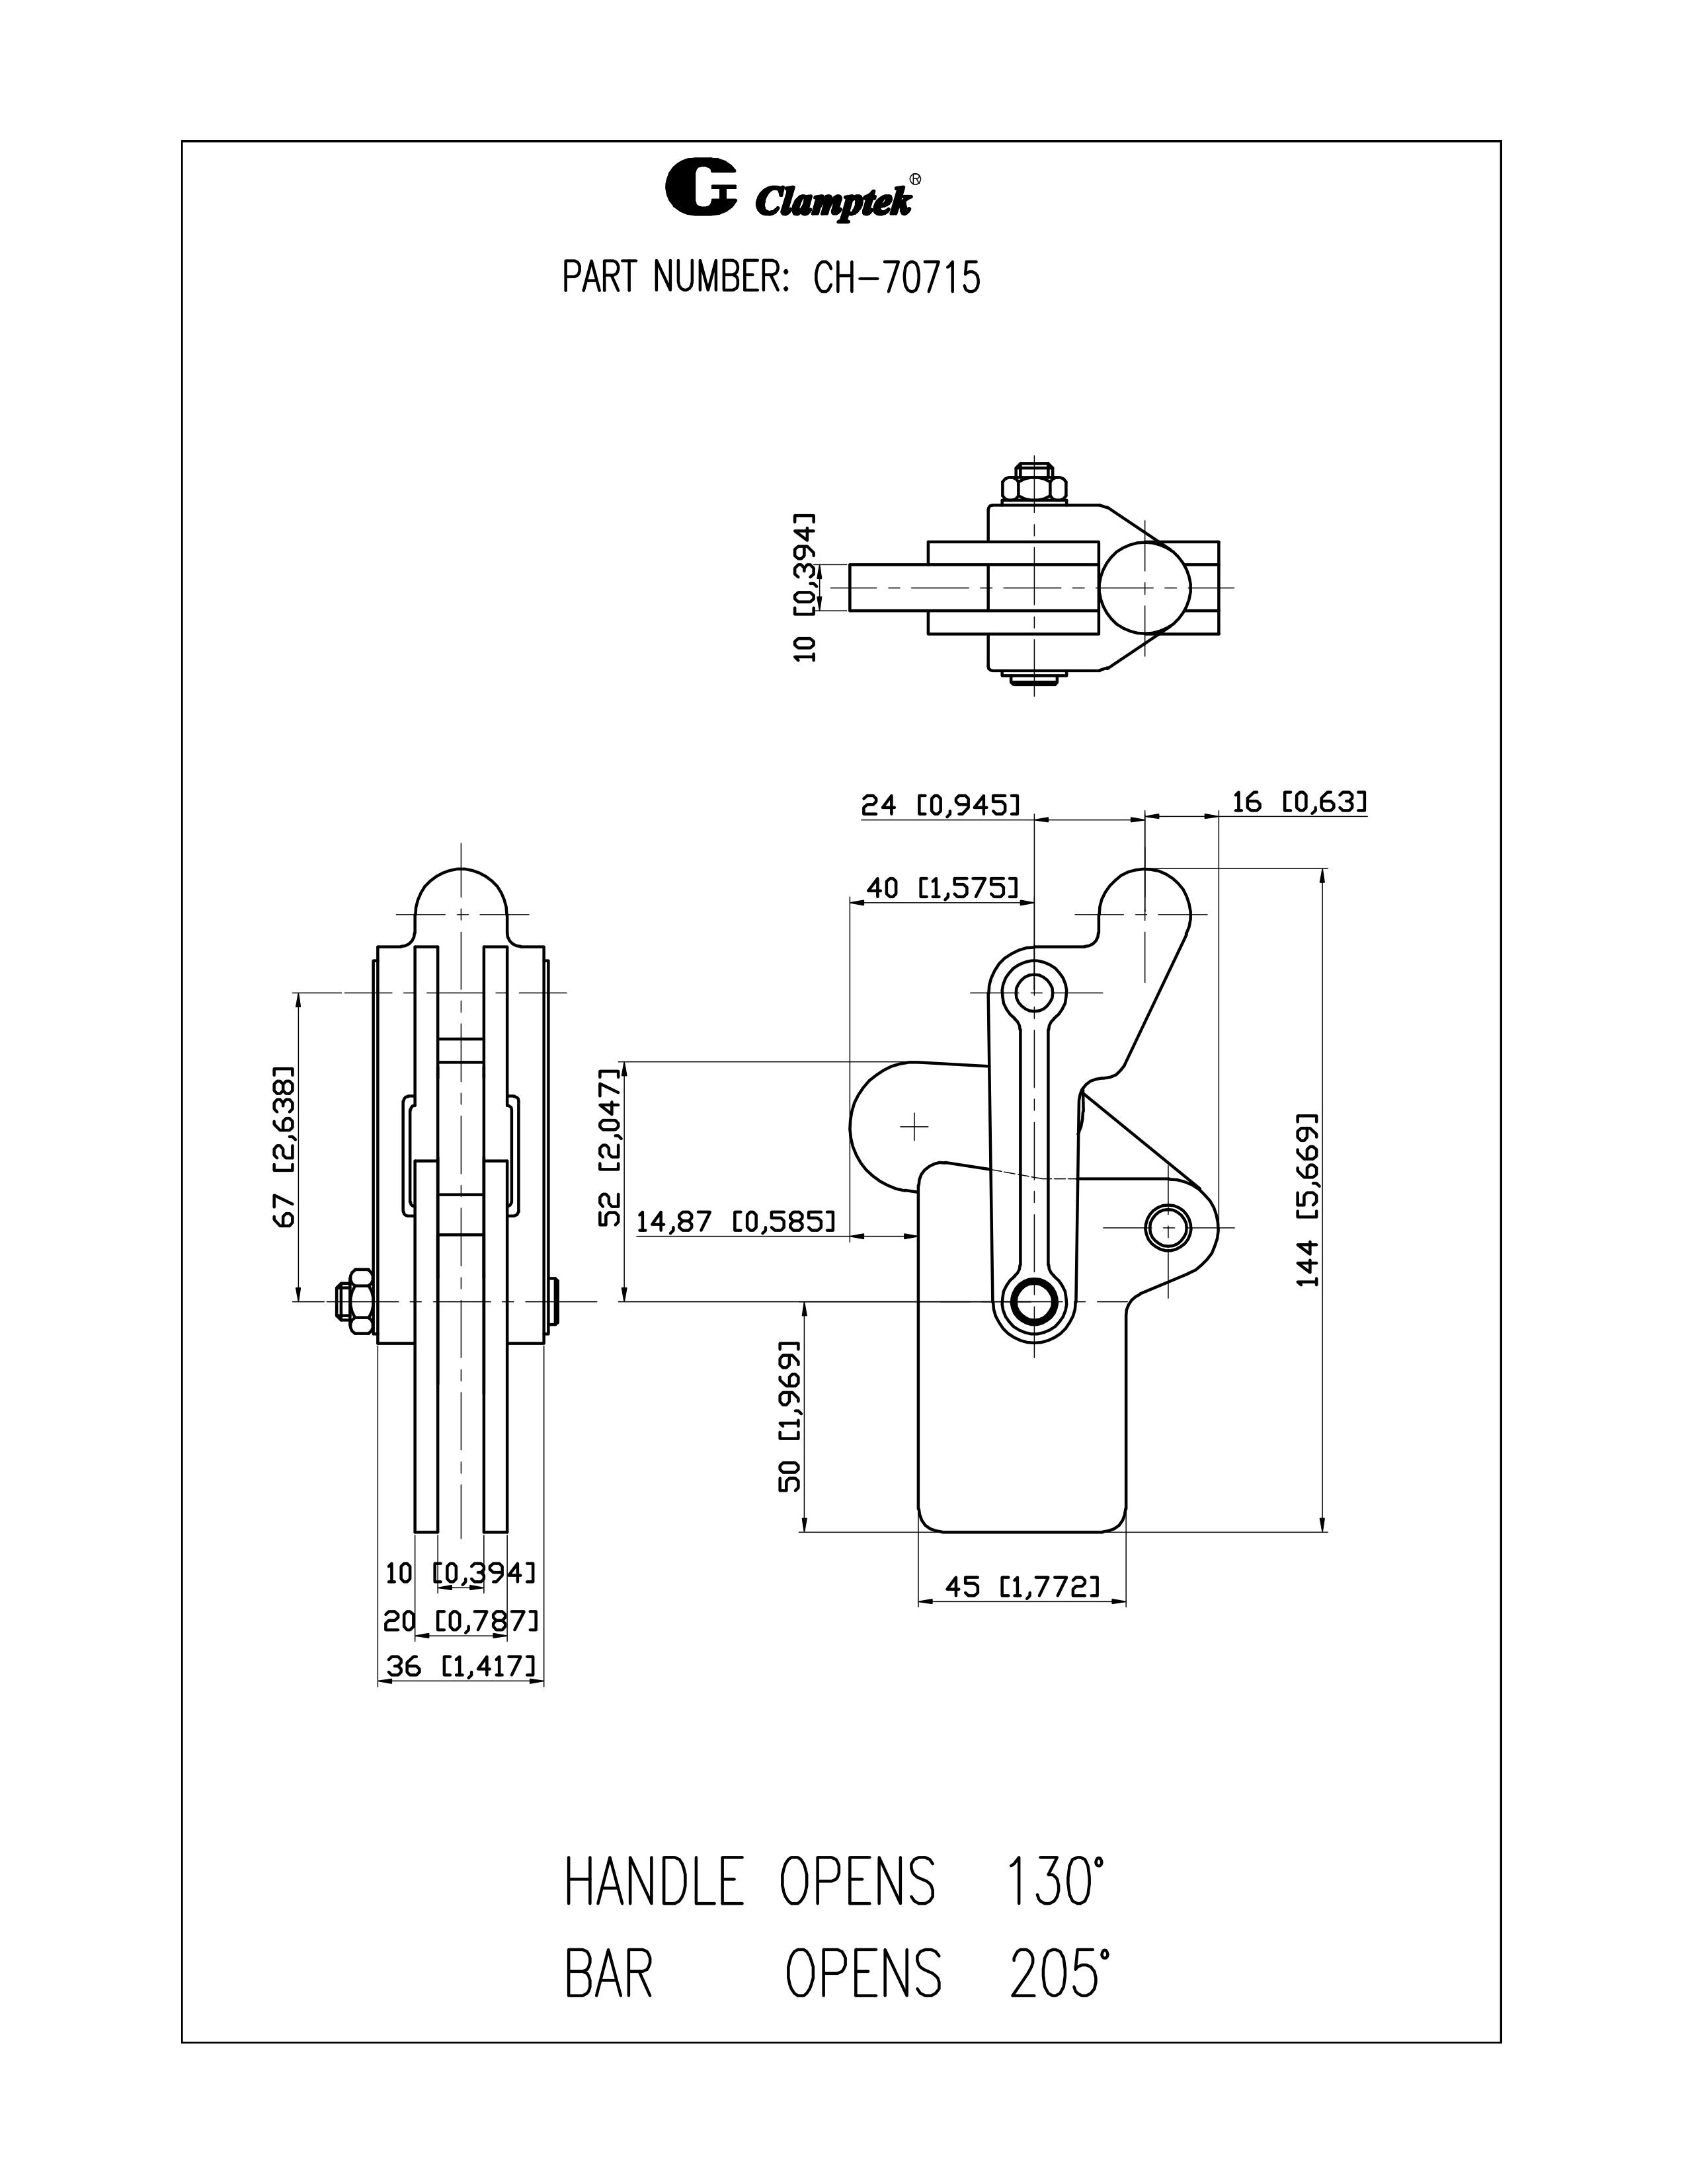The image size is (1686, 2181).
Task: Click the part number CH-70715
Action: [x=896, y=278]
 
